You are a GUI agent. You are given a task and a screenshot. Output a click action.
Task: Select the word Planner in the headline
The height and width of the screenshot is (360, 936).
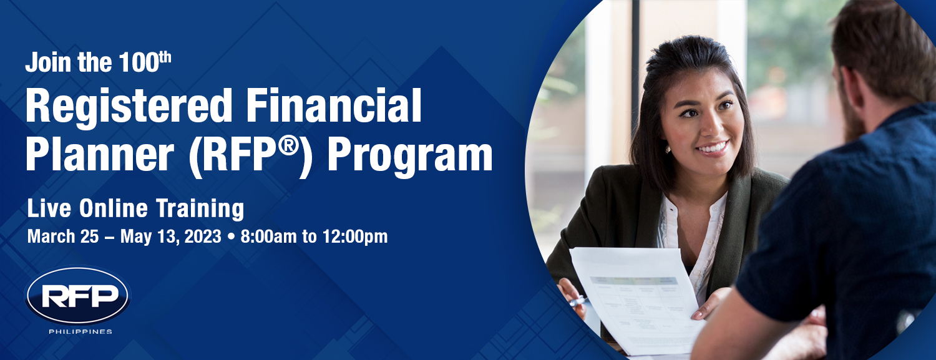pos(100,155)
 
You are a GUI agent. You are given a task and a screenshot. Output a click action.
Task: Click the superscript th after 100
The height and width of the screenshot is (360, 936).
pos(165,57)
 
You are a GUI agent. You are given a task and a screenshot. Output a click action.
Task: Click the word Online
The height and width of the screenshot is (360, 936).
pos(113,208)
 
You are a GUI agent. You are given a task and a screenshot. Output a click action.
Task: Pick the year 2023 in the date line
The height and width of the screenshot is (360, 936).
pos(203,236)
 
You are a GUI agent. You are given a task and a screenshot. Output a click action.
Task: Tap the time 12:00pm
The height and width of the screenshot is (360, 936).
pos(355,237)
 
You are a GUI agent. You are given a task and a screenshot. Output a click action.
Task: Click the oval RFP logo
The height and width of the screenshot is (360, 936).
pos(78,296)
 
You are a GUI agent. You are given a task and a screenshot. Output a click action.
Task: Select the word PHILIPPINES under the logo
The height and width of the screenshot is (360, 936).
pos(80,331)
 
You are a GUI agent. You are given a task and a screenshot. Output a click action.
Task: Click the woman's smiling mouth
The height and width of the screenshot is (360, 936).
pos(713,148)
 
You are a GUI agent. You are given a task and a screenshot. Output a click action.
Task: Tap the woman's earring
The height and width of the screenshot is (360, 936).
pos(667,149)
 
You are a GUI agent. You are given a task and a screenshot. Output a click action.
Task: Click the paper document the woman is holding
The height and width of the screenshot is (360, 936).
pos(637,299)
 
